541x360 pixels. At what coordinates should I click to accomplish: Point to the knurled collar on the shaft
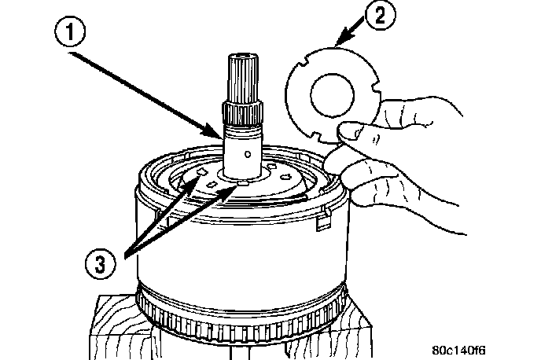(x=241, y=114)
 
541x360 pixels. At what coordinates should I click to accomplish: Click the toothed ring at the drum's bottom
(x=244, y=323)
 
